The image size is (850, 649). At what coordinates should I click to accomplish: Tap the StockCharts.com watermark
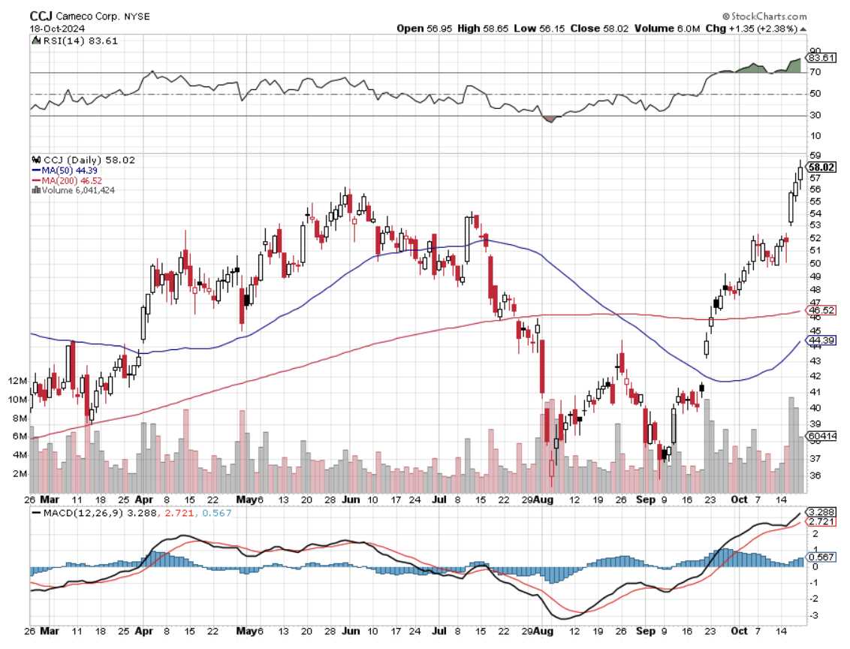767,15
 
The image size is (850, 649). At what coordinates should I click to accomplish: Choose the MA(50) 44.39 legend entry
73,170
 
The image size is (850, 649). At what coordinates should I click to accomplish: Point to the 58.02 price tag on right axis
821,167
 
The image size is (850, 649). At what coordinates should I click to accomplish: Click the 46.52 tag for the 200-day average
821,309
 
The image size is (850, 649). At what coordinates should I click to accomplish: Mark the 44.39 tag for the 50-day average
821,341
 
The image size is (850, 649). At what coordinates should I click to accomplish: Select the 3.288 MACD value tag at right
821,512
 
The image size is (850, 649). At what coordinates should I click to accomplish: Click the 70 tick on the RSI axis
814,72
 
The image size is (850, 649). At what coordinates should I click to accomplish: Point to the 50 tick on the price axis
814,263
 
